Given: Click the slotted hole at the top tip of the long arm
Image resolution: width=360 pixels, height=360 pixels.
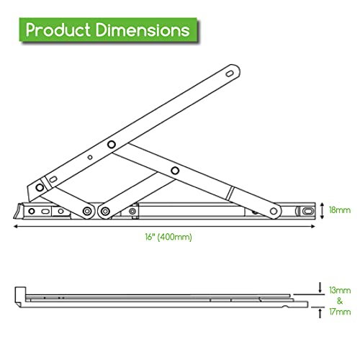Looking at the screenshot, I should (x=230, y=73).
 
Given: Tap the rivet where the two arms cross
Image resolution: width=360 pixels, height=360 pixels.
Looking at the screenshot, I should (x=111, y=145).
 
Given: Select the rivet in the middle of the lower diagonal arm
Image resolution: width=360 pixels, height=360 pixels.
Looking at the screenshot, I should (x=175, y=171).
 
